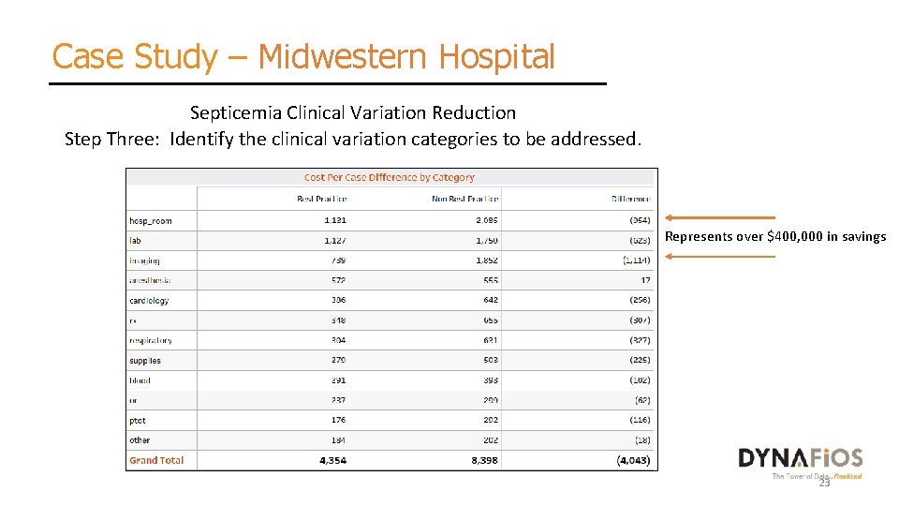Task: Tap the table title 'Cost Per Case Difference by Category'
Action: coord(390,177)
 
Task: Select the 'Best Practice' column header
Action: coord(321,199)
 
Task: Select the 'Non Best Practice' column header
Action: coord(465,199)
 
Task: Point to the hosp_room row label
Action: coord(151,221)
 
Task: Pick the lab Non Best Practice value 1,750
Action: coord(486,241)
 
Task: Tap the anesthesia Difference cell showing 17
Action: coord(644,280)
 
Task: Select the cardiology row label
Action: coord(150,301)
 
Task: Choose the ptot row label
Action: coord(138,421)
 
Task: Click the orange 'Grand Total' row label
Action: coord(156,460)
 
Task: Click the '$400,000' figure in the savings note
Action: coord(797,236)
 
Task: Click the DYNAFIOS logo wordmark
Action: coord(801,457)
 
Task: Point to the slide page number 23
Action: coord(824,484)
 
